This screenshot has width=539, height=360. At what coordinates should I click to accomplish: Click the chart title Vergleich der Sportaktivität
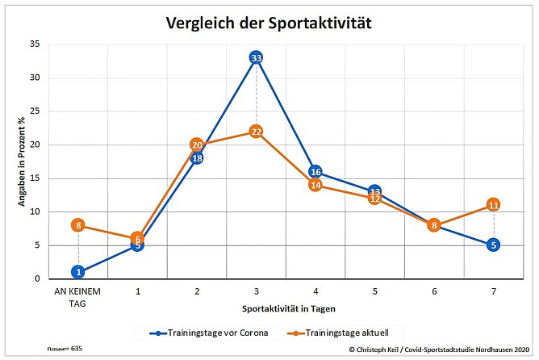[269, 23]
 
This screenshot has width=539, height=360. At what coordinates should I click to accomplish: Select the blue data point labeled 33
[256, 58]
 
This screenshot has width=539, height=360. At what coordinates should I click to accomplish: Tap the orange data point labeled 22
[256, 132]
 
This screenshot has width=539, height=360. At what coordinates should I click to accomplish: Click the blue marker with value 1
[77, 272]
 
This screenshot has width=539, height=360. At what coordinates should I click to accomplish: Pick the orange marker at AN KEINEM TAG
[77, 225]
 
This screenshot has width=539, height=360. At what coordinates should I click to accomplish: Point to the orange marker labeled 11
[494, 205]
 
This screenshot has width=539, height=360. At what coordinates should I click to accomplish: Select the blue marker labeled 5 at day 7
[494, 245]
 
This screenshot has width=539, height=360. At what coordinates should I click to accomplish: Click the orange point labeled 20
[197, 144]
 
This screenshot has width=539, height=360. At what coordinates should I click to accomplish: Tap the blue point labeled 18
[197, 158]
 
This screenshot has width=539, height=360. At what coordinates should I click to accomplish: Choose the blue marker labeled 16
[315, 172]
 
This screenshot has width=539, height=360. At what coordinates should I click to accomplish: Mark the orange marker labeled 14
[315, 185]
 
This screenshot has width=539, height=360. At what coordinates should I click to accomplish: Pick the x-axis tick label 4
[315, 290]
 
